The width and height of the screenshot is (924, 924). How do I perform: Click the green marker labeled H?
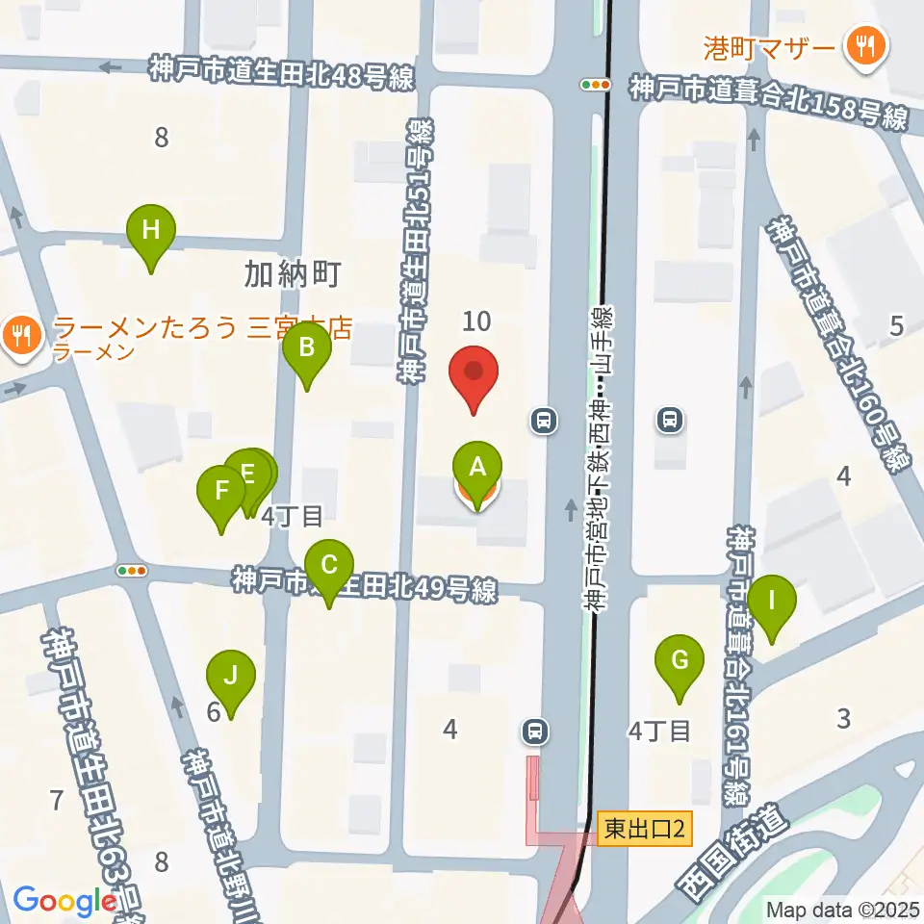[x=152, y=231]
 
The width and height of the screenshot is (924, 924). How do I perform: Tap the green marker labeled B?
[x=306, y=346]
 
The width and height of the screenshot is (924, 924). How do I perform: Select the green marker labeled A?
[x=476, y=468]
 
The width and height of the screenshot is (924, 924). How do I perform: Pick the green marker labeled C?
[x=329, y=565]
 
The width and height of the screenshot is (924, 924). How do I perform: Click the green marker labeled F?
[x=221, y=492]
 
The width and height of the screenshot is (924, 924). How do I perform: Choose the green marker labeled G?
[x=680, y=661]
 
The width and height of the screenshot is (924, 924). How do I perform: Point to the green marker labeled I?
[x=772, y=602]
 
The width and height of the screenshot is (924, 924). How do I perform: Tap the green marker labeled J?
[x=230, y=676]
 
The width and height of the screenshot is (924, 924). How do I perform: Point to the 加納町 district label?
[x=293, y=276]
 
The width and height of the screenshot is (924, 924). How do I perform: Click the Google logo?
[x=65, y=901]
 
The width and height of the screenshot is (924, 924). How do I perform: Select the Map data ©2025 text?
[x=843, y=909]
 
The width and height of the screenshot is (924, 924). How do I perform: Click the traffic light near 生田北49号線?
[x=132, y=571]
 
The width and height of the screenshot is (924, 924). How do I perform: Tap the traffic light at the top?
[x=596, y=85]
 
